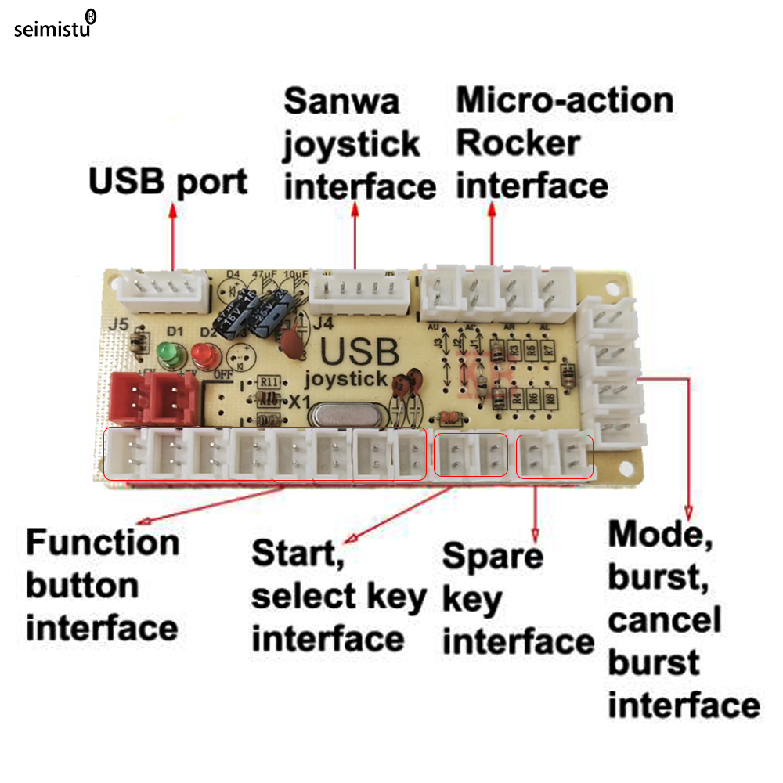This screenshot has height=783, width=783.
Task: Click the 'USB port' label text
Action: click(168, 181)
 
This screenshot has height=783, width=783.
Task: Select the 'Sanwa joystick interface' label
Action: click(359, 145)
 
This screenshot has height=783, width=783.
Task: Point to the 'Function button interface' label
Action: click(103, 586)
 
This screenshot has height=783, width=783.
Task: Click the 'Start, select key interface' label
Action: click(338, 597)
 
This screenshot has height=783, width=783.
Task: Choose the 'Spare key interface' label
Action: click(517, 599)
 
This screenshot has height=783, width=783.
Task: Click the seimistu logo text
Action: click(52, 29)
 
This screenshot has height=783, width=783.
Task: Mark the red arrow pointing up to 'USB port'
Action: click(172, 235)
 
